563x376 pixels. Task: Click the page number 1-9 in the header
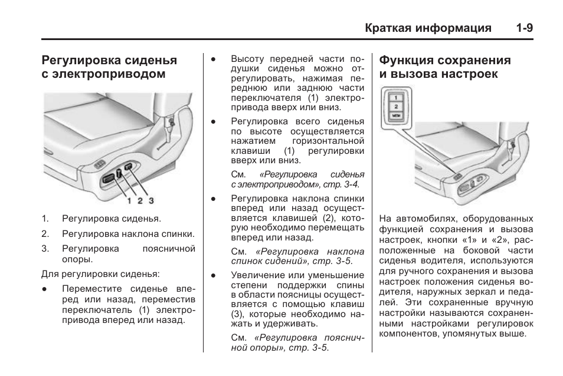click(523, 28)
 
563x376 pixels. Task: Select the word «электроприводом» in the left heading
click(103, 74)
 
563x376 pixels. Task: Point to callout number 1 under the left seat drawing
click(129, 201)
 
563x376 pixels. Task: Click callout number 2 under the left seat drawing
click(140, 201)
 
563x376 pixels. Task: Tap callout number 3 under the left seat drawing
click(151, 201)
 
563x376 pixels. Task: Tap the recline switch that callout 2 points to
click(118, 173)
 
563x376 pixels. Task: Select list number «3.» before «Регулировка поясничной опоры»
click(45, 249)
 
